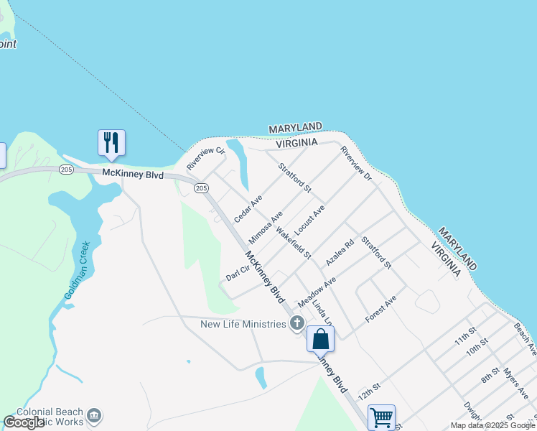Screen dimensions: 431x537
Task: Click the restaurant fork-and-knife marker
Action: [111, 142]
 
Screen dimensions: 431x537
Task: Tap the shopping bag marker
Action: [320, 338]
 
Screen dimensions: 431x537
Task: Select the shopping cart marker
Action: [381, 417]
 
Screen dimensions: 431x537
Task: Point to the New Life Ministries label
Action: [243, 325]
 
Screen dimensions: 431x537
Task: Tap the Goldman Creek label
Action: [80, 269]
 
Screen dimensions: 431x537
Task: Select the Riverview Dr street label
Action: [357, 164]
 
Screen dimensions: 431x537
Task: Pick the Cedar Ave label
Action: [248, 208]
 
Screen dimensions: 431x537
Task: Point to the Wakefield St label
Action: [293, 243]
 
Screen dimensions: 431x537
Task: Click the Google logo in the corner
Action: [24, 422]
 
